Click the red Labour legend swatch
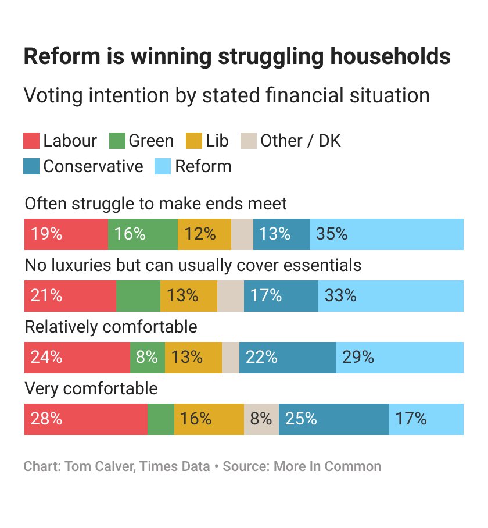(31, 141)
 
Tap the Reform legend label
(203, 166)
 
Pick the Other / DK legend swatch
(249, 141)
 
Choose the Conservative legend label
(93, 166)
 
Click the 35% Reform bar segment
(387, 234)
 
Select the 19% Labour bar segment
(66, 234)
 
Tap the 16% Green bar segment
(142, 234)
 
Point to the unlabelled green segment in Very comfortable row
(161, 419)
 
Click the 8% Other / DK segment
(261, 419)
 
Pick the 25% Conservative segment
(333, 419)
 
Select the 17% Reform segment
(426, 419)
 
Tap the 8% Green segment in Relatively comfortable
(148, 358)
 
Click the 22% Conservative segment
(287, 358)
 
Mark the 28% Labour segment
(85, 419)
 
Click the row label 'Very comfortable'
(91, 388)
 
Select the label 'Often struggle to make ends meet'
(156, 204)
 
